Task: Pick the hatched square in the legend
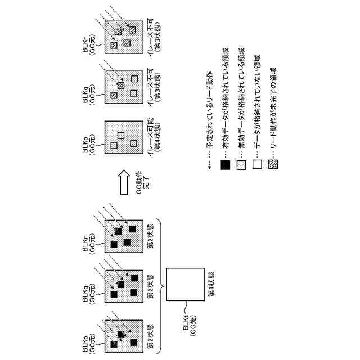pos(274,165)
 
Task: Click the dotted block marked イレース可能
pos(120,140)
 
